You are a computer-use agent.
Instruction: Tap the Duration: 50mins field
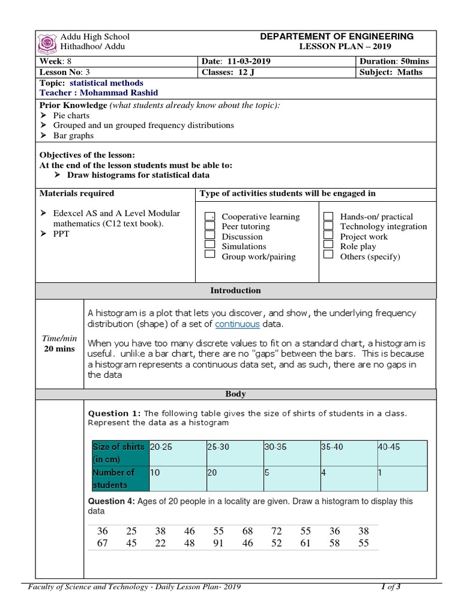(394, 62)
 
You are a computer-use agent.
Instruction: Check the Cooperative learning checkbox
(210, 217)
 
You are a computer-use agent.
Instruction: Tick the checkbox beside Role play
(328, 246)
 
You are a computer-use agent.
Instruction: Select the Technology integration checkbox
(328, 226)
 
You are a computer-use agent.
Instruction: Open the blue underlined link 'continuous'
(237, 324)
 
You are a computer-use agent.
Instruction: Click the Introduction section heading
(235, 291)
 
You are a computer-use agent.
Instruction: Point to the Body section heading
(235, 395)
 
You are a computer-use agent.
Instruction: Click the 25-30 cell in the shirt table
(218, 447)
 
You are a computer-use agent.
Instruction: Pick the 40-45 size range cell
(389, 447)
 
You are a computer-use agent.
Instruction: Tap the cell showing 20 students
(212, 473)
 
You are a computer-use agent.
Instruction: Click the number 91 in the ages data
(218, 544)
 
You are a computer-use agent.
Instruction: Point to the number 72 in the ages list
(276, 532)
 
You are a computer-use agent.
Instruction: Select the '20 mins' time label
(59, 349)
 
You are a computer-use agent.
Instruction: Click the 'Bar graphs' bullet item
(73, 136)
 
